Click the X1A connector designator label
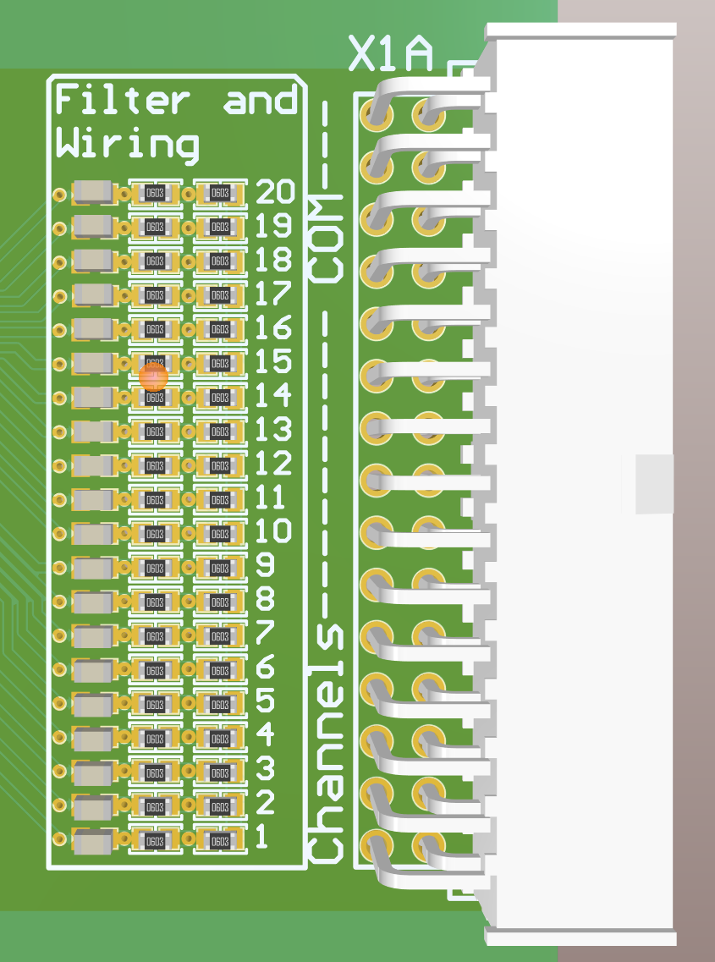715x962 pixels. coord(391,53)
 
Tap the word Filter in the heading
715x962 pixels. coord(122,101)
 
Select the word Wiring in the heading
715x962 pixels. coord(127,143)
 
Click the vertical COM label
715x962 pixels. coord(327,240)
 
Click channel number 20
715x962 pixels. coord(275,193)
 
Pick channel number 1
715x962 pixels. coord(261,838)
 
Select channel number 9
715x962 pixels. coord(265,565)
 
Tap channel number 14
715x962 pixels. coord(273,395)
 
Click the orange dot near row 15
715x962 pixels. coord(154,377)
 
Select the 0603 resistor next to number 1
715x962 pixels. coord(220,841)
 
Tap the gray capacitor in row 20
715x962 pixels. coord(93,193)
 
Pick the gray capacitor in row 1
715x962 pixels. coord(93,841)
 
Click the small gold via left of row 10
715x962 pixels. coord(59,534)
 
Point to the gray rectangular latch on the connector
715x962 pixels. coord(654,484)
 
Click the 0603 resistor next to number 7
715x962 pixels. coord(220,636)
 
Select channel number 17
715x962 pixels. coord(273,294)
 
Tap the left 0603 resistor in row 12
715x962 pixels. coord(154,466)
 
